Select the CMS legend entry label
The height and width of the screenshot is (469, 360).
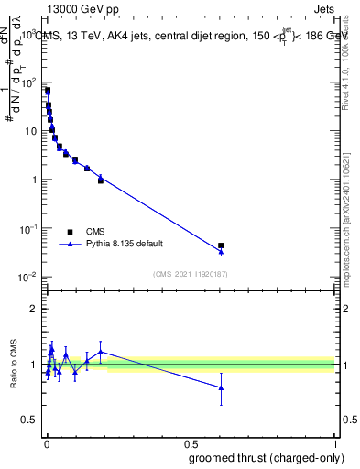pos(96,232)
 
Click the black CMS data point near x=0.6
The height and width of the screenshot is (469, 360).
pos(220,245)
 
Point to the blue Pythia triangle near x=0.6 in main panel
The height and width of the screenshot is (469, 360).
pos(220,251)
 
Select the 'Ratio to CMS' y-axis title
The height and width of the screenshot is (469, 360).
pos(14,364)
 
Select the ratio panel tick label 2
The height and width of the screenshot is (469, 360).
pos(34,309)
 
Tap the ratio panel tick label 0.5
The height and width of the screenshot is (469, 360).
pos(30,420)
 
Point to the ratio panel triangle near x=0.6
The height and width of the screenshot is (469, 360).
pos(220,387)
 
